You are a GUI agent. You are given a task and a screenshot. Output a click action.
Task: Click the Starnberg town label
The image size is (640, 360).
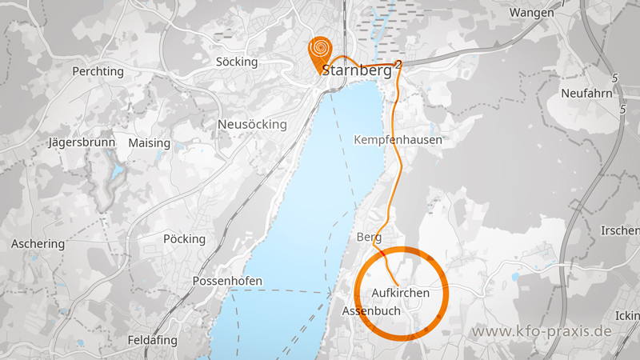357,70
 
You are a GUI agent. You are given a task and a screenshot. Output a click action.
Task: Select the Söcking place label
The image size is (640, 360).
237,62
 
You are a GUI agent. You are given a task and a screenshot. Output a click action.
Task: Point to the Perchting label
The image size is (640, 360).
98,71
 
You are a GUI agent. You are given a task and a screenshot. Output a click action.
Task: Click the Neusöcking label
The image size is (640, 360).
252,125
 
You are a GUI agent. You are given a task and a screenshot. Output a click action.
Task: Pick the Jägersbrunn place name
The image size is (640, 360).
82,142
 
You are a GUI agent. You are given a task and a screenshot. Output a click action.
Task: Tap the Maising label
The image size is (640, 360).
149,143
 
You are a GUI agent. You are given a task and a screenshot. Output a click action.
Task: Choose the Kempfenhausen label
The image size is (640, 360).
398,140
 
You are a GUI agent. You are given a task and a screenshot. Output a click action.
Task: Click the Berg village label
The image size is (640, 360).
369,238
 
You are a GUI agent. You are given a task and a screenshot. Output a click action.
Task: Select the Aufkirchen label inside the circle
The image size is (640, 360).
401,293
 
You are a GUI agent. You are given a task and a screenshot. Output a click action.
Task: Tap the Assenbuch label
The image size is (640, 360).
371,310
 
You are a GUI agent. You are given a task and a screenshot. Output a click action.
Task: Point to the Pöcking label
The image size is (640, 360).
184,239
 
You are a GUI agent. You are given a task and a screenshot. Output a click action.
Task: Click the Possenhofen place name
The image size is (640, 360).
224,282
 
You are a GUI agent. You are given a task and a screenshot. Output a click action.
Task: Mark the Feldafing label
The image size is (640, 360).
152,340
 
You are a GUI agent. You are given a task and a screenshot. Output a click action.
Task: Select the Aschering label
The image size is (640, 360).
38,244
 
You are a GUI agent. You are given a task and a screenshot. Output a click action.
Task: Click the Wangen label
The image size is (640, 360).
531,13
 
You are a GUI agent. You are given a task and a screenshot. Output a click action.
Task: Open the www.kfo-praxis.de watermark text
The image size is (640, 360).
542,331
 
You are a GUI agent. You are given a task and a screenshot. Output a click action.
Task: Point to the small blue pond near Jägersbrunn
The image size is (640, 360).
118,170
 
